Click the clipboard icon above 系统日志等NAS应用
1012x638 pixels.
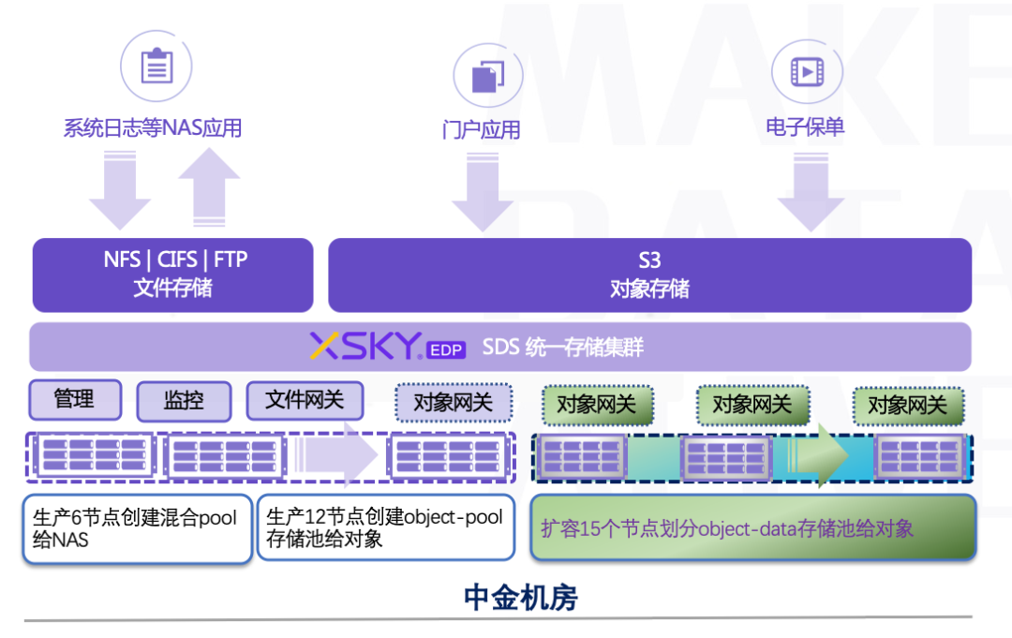point(156,66)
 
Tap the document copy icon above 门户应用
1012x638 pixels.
point(488,77)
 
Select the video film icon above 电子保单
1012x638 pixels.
point(807,71)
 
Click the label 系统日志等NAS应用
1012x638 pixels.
point(153,127)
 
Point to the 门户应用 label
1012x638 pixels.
point(482,129)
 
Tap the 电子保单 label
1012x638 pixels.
point(805,126)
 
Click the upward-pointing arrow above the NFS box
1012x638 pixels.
point(209,187)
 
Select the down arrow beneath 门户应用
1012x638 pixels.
point(483,192)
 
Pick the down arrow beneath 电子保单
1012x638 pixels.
point(811,192)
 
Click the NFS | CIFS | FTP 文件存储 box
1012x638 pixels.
point(173,274)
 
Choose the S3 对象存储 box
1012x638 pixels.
point(650,274)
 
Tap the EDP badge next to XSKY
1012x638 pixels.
point(446,349)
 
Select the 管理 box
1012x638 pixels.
point(75,399)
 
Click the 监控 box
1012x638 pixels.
point(184,401)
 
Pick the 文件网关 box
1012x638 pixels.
point(305,400)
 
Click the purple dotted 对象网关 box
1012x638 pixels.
point(454,403)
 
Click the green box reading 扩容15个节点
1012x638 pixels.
point(753,527)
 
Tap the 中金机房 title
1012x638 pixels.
point(520,598)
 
